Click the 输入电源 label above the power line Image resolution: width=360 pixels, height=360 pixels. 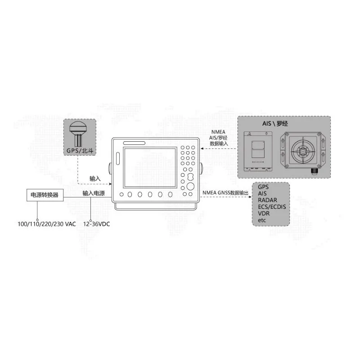94,193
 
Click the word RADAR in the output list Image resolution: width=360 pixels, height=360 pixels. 267,200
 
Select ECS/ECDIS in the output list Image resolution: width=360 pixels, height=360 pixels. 272,207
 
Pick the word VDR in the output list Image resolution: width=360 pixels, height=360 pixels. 264,214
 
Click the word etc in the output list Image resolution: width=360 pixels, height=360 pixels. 262,221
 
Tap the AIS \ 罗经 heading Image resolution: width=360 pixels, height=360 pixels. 275,123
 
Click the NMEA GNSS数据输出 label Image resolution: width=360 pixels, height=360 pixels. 225,192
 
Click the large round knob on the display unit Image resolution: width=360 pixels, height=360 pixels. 190,186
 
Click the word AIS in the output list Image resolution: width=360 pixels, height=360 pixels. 262,193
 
